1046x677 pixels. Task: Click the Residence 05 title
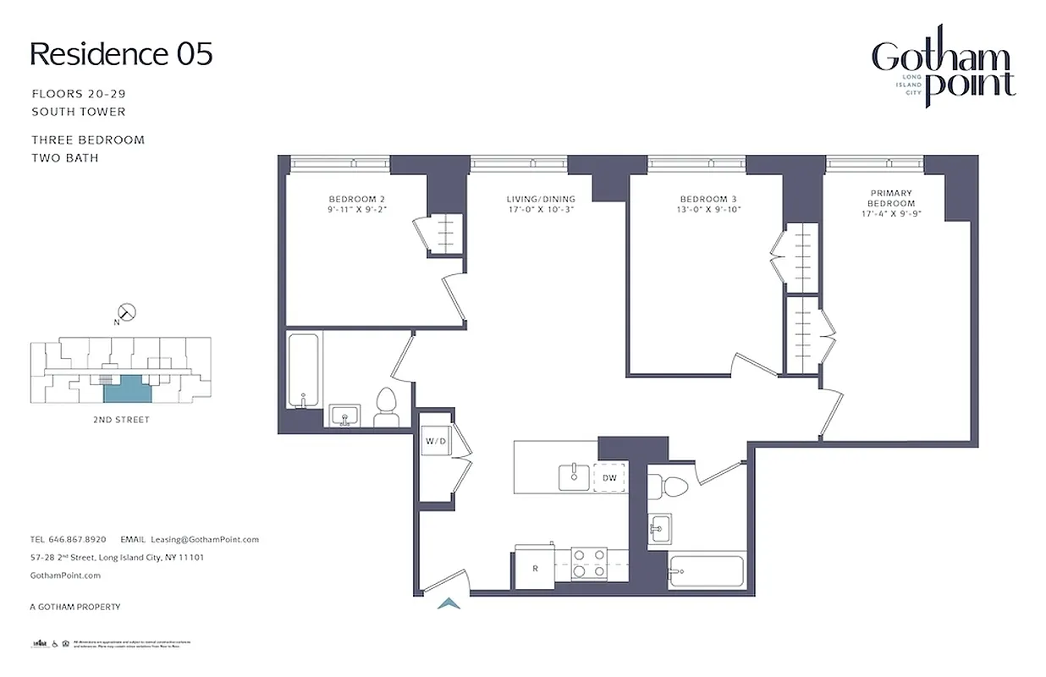pos(121,54)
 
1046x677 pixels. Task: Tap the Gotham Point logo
pos(944,73)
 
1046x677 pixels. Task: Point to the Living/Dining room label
pos(540,204)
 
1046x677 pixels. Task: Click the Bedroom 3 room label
pos(708,204)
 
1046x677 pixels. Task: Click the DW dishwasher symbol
pos(609,478)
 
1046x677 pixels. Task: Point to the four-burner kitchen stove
pos(589,563)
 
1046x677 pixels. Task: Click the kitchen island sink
pos(575,476)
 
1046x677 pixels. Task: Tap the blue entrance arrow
pos(449,603)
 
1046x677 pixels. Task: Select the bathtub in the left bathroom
pos(303,371)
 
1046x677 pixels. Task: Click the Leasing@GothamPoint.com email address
pos(204,539)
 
